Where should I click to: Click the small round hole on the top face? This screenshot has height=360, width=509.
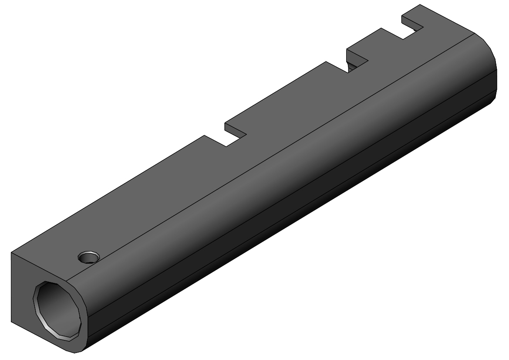click(88, 258)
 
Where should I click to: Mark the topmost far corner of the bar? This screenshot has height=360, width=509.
click(421, 5)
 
